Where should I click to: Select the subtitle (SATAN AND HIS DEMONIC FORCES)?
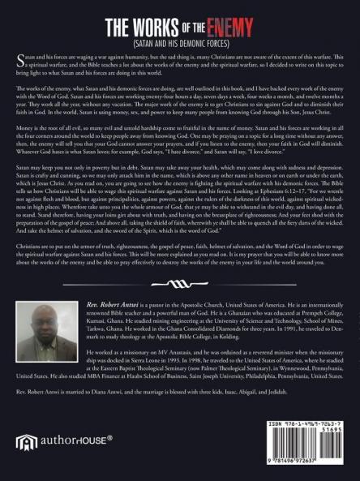tap(179, 36)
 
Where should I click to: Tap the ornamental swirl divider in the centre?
tap(179, 283)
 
